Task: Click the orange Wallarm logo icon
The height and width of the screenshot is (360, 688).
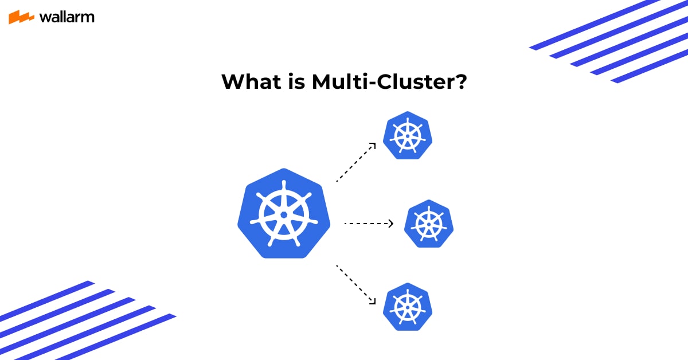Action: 22,17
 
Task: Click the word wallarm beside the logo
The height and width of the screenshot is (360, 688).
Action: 67,17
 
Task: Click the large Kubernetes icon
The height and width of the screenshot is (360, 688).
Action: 284,214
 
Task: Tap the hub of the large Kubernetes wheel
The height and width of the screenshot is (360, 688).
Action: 284,215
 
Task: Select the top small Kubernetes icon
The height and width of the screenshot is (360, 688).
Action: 408,135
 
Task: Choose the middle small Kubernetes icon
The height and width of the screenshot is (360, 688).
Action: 429,224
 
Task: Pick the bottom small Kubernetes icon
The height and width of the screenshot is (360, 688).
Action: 408,307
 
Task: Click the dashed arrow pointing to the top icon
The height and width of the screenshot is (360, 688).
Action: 355,163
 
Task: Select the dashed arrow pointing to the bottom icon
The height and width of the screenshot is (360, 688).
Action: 355,284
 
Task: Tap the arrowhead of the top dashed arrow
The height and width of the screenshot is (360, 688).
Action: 373,145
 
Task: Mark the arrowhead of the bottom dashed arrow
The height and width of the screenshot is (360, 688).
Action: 373,301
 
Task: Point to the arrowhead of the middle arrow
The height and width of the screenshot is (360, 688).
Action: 391,224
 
